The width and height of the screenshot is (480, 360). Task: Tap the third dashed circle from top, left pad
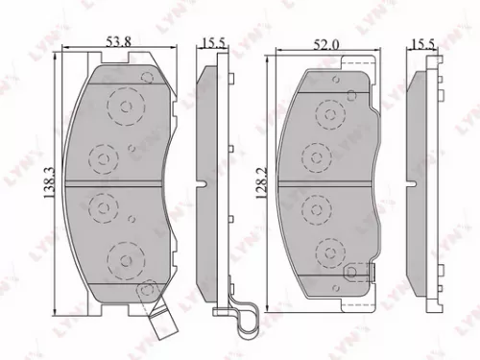(x=102, y=205)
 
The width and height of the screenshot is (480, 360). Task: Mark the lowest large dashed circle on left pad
(x=122, y=257)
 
